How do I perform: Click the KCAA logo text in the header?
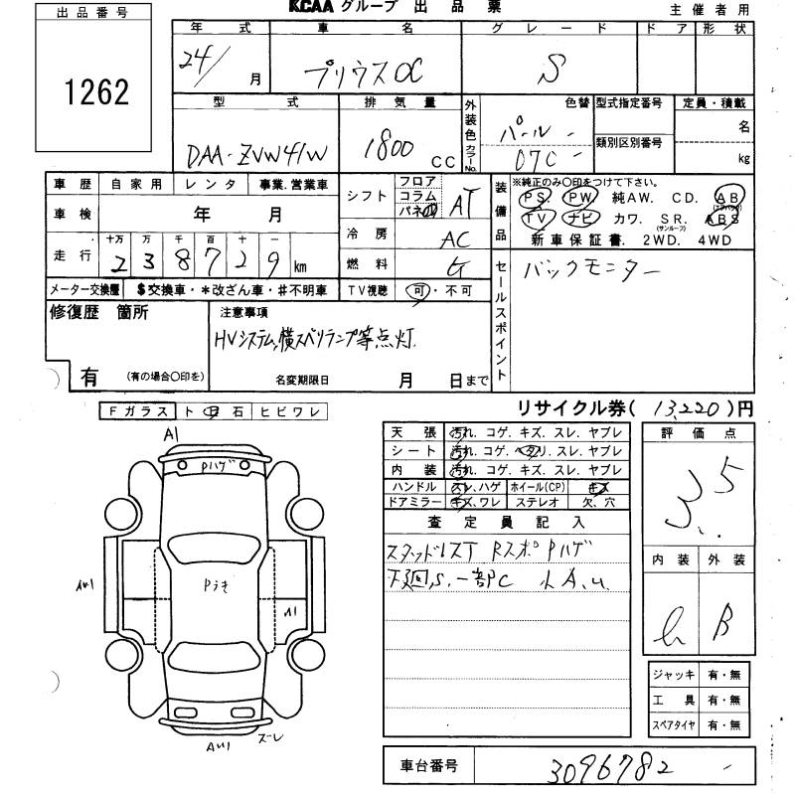tap(312, 8)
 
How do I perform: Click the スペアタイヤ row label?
tap(674, 724)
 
